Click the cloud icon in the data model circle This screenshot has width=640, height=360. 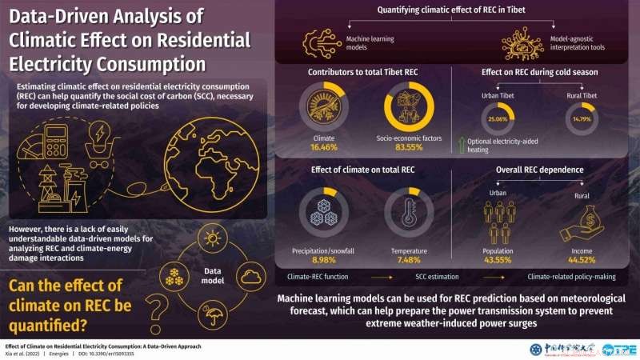point(250,277)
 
